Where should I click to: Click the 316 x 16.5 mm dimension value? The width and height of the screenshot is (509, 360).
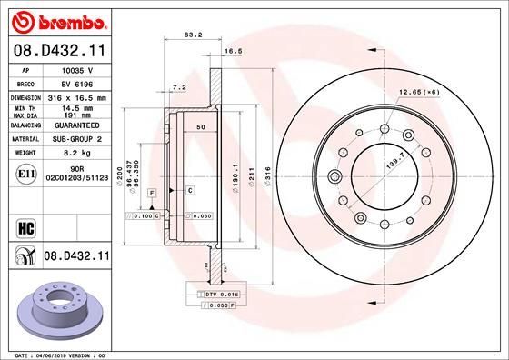[76, 95]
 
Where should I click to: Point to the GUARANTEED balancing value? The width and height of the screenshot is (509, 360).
[76, 125]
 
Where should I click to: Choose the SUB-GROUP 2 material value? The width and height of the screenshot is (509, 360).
[76, 139]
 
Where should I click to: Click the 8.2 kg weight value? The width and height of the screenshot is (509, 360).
[76, 154]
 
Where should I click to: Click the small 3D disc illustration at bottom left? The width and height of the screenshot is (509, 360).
[56, 305]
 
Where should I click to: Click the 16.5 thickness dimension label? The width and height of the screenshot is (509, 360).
[231, 54]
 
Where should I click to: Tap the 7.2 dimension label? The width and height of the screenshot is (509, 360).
[179, 87]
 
